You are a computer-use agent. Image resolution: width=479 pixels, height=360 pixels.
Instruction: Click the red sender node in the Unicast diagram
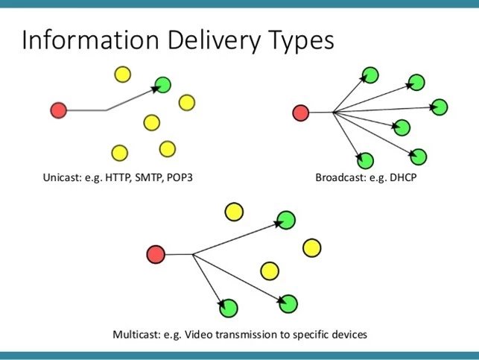(59, 110)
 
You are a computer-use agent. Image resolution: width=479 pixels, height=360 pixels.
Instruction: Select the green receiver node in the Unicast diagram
(163, 85)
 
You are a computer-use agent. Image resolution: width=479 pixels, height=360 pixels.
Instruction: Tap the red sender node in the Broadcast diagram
(301, 113)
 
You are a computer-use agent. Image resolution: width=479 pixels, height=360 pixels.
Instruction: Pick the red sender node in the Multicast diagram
(156, 254)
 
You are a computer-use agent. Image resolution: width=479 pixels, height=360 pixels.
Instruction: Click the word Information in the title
(90, 40)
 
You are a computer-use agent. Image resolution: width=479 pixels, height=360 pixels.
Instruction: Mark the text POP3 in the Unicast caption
(180, 177)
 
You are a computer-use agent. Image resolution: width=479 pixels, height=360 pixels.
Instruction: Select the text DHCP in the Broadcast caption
(403, 177)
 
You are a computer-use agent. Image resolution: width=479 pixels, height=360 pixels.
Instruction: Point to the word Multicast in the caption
(136, 335)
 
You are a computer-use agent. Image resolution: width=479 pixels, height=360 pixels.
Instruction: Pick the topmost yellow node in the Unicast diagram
(123, 75)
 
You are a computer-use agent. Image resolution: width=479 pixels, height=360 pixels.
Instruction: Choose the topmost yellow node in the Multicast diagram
(234, 212)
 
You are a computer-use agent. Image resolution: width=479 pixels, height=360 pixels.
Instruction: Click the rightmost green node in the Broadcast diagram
(440, 107)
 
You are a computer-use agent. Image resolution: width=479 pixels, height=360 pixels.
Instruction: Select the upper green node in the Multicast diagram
(286, 220)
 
